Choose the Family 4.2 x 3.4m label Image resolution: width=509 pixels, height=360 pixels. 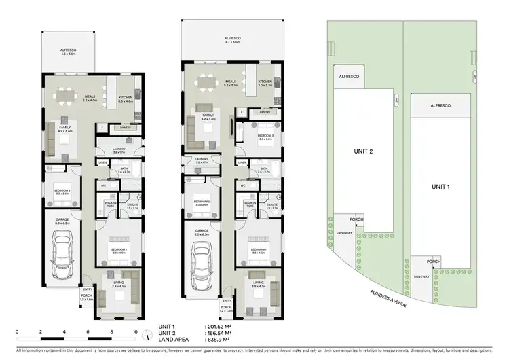(x=65, y=130)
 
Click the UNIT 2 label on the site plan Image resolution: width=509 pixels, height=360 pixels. (x=364, y=151)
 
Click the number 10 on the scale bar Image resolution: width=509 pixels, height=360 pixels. (x=136, y=334)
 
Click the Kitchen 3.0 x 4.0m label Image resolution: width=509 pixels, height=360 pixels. (x=126, y=100)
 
